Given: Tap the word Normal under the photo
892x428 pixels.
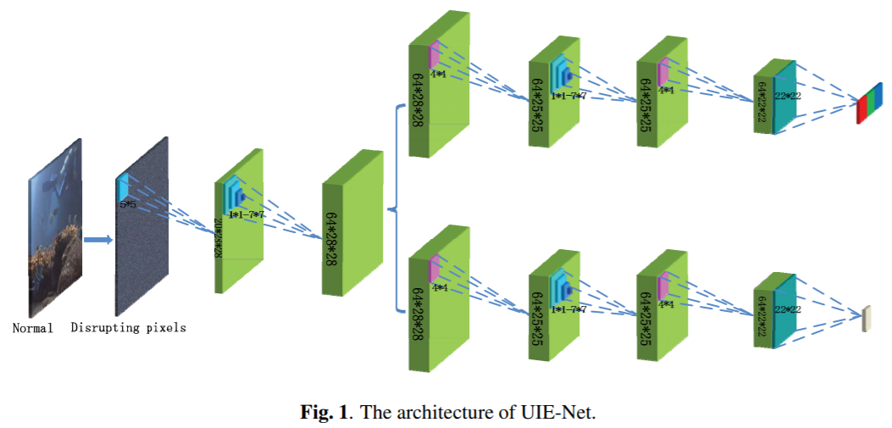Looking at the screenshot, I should tap(32, 327).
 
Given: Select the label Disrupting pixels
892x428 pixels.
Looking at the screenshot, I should tap(128, 327).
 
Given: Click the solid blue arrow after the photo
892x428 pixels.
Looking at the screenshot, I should tap(99, 239).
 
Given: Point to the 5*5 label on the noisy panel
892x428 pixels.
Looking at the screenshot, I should tap(127, 204).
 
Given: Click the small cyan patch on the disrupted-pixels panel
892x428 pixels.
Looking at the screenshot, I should tap(124, 187).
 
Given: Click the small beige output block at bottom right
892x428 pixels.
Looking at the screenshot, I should tap(865, 318).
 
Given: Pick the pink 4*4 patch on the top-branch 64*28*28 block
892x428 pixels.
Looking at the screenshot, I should tap(435, 56).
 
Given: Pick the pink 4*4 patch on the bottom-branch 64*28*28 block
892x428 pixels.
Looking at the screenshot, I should tap(435, 270).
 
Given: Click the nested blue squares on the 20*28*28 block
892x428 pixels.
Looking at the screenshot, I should tap(234, 197).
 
